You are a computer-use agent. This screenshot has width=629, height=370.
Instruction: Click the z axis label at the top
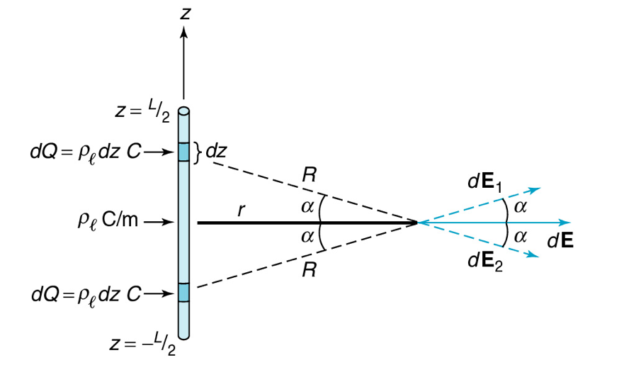click(185, 13)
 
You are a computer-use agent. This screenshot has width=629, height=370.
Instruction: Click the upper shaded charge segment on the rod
click(184, 152)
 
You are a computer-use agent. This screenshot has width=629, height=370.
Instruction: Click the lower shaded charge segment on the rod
click(184, 292)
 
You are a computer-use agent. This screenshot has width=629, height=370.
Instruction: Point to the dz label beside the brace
click(216, 151)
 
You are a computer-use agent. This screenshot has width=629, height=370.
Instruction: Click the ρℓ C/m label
click(107, 222)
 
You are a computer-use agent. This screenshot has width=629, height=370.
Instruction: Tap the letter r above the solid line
click(241, 211)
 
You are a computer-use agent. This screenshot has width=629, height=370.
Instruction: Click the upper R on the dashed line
click(308, 177)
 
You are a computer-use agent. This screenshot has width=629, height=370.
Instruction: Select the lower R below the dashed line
click(308, 270)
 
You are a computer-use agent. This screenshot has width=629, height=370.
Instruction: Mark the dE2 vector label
click(484, 262)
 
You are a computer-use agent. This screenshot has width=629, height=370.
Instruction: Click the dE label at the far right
click(560, 240)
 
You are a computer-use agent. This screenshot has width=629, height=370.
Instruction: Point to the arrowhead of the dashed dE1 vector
click(537, 189)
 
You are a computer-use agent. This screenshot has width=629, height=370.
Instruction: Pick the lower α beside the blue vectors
click(521, 235)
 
